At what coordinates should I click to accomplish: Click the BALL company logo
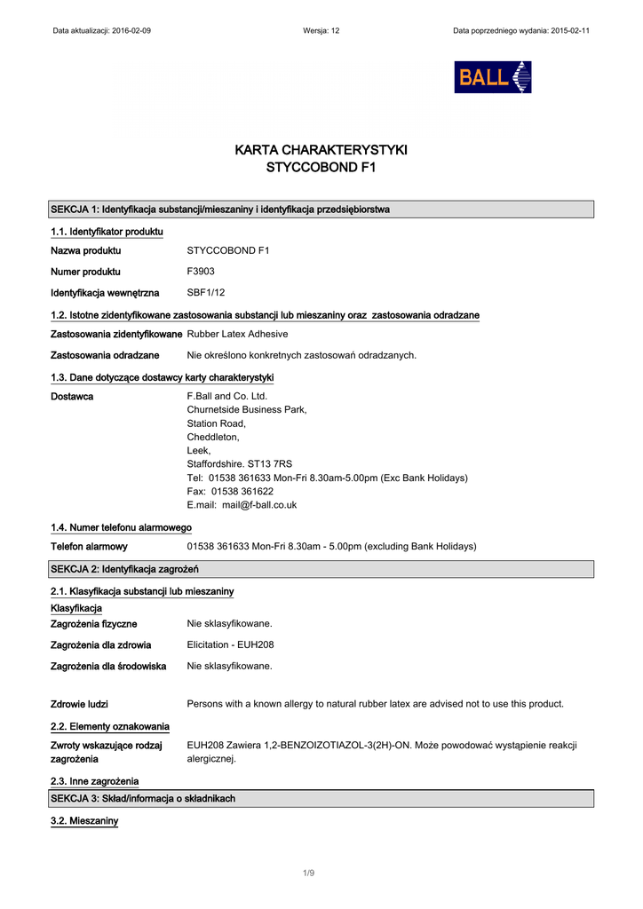click(x=492, y=77)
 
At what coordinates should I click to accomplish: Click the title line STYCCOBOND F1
click(x=321, y=167)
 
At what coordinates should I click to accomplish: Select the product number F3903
click(x=201, y=272)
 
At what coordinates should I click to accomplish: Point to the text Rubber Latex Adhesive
click(x=237, y=334)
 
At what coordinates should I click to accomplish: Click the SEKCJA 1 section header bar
click(x=321, y=209)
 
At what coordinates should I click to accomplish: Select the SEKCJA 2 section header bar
click(x=321, y=569)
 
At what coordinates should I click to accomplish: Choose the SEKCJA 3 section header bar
click(x=321, y=799)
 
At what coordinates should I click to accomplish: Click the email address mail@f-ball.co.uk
click(x=259, y=505)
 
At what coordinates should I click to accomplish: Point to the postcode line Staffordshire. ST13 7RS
click(x=239, y=463)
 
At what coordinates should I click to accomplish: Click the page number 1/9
click(x=308, y=873)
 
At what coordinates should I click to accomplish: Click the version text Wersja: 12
click(x=321, y=30)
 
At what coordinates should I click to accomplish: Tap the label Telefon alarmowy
click(x=89, y=546)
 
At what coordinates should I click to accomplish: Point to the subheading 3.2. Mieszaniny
click(x=84, y=821)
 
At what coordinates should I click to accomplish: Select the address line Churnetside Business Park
click(x=247, y=409)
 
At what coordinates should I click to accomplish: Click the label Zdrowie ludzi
click(x=79, y=704)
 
